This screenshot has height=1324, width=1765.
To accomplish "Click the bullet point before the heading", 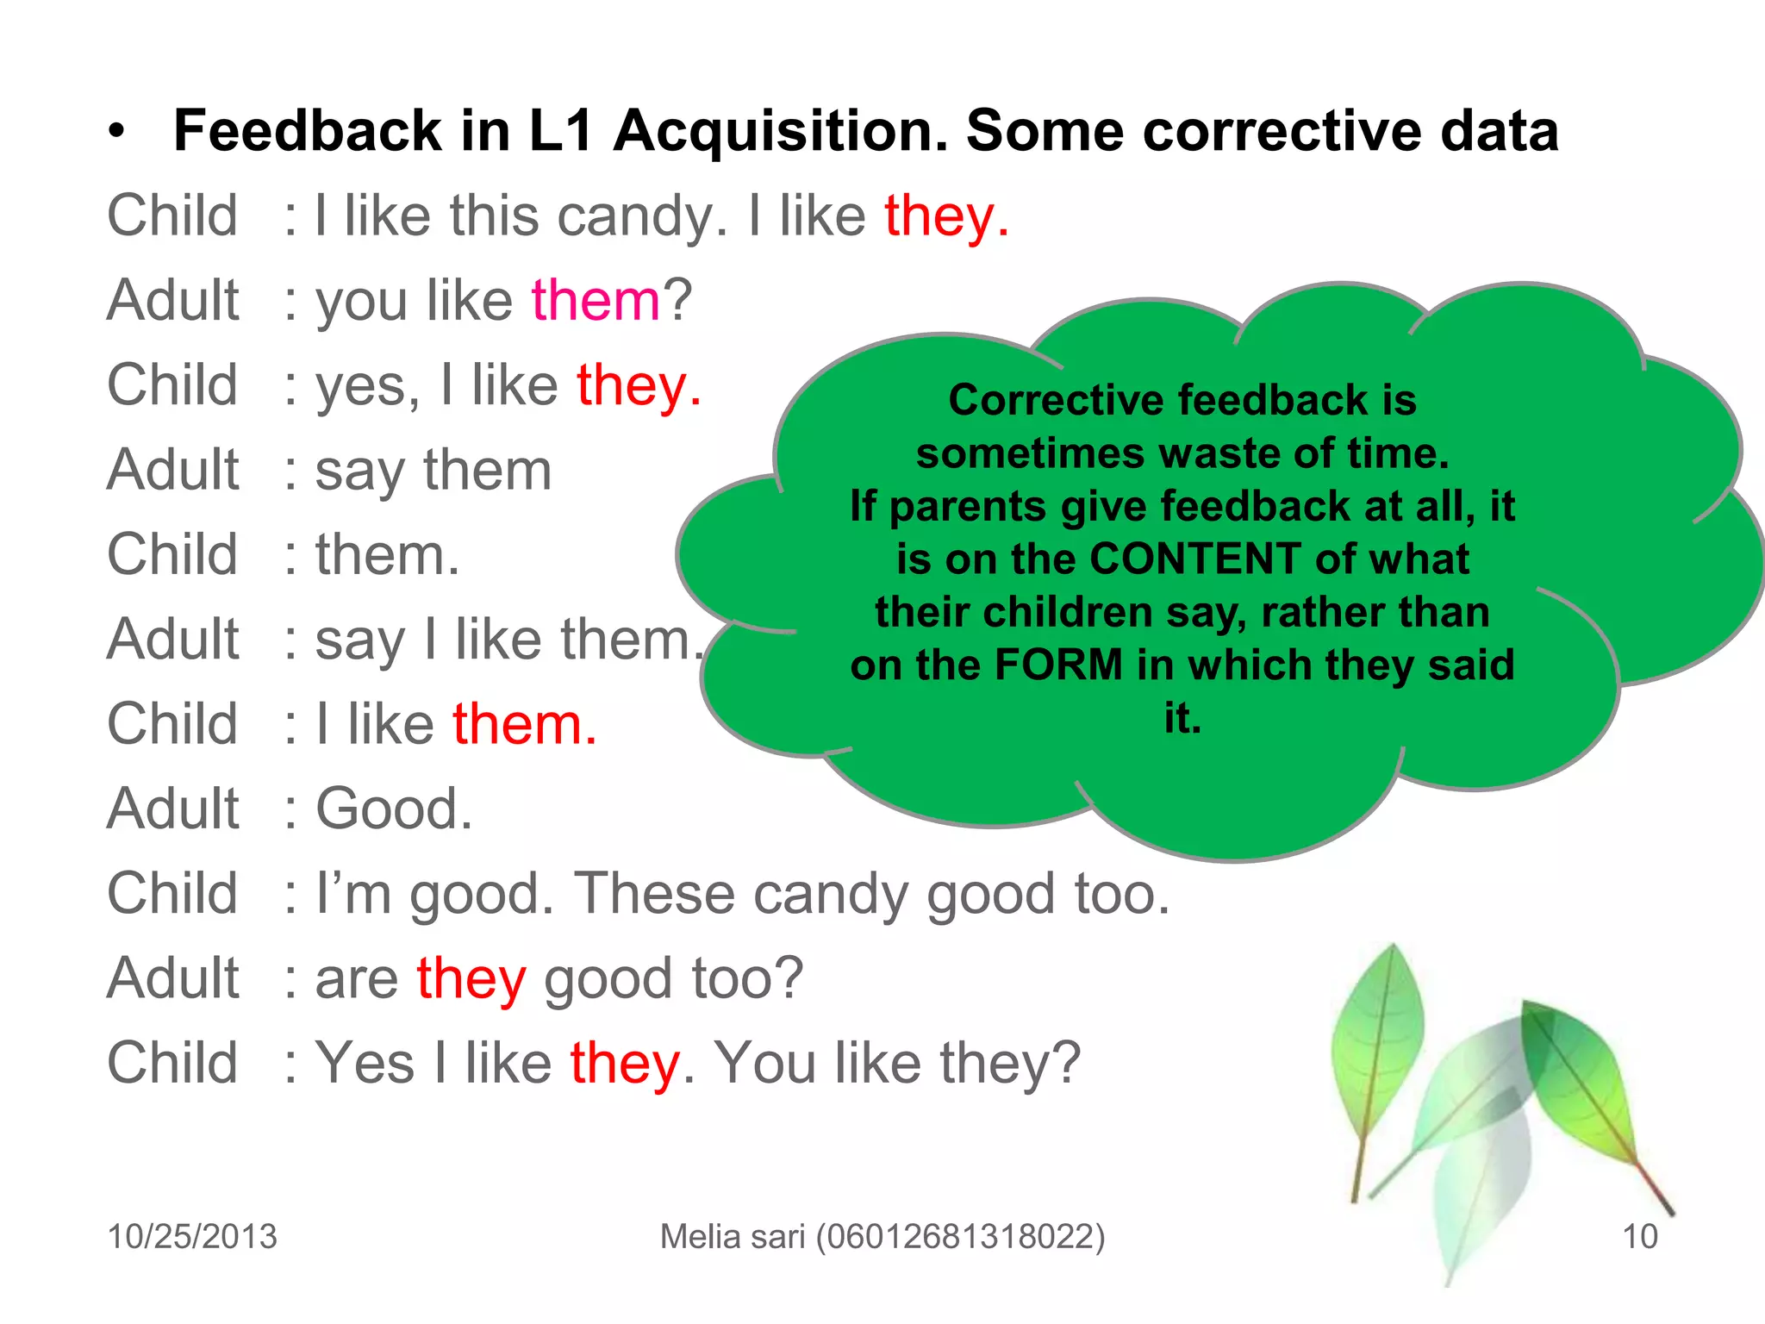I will [x=117, y=133].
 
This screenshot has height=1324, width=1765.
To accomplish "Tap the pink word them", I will [x=596, y=301].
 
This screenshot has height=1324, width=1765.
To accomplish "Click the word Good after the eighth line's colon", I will [x=394, y=809].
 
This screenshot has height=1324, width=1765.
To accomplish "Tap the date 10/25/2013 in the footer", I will [x=192, y=1236].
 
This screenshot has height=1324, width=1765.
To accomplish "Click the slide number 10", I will [x=1639, y=1236].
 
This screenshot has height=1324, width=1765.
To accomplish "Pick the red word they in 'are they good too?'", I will [x=471, y=979].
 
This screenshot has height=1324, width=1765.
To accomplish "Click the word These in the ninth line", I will [x=654, y=894].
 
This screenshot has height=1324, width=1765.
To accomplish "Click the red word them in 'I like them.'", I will [x=525, y=724].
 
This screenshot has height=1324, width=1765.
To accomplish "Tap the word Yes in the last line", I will [x=365, y=1063].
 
